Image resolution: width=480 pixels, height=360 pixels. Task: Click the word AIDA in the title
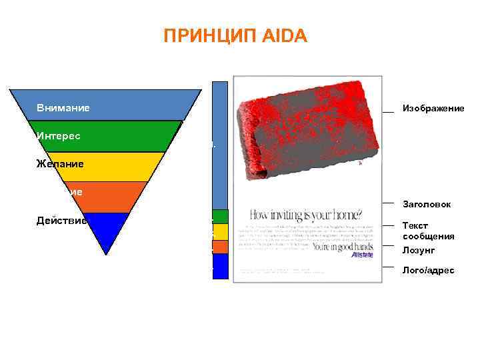(289, 36)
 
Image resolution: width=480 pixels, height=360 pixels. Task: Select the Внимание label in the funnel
(63, 108)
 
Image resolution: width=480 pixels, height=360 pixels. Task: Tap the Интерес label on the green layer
(59, 136)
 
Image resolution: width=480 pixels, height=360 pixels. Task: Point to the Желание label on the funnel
(59, 163)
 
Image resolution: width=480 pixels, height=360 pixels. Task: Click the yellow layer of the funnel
(107, 167)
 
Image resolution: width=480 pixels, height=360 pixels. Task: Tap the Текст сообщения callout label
(428, 231)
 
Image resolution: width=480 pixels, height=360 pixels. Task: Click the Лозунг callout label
(418, 250)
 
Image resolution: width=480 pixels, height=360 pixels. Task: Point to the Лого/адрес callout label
(429, 270)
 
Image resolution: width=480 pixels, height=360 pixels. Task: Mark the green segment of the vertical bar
(221, 216)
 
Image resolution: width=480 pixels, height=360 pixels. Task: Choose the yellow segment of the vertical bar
(221, 232)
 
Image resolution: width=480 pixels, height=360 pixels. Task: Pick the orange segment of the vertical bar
(221, 247)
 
